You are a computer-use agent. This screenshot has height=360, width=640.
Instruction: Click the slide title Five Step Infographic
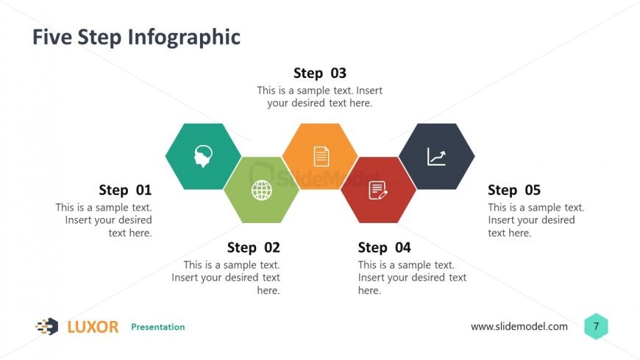pyautogui.click(x=136, y=37)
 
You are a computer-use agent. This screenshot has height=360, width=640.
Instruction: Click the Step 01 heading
pyautogui.click(x=125, y=190)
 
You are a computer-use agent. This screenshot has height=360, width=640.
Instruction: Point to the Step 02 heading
pyautogui.click(x=253, y=247)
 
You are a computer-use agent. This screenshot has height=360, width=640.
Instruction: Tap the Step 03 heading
pyautogui.click(x=319, y=73)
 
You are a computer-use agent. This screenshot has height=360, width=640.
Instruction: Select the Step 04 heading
pyautogui.click(x=384, y=247)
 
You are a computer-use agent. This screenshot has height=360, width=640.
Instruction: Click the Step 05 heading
pyautogui.click(x=513, y=190)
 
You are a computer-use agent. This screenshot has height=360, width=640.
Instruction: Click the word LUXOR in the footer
pyautogui.click(x=93, y=327)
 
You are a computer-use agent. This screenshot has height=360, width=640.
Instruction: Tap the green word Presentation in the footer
pyautogui.click(x=157, y=327)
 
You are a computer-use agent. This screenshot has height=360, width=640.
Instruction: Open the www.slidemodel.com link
pyautogui.click(x=519, y=327)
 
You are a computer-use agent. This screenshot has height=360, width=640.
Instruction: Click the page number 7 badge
pyautogui.click(x=596, y=326)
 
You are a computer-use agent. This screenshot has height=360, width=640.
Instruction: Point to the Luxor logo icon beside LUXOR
pyautogui.click(x=47, y=327)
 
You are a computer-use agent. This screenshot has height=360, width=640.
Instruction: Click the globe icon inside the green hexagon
pyautogui.click(x=261, y=190)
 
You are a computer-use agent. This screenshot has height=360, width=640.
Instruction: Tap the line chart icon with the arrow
pyautogui.click(x=436, y=156)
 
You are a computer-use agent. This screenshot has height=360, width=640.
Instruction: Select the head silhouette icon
pyautogui.click(x=203, y=156)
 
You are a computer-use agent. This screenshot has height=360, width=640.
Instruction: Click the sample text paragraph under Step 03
pyautogui.click(x=319, y=96)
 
